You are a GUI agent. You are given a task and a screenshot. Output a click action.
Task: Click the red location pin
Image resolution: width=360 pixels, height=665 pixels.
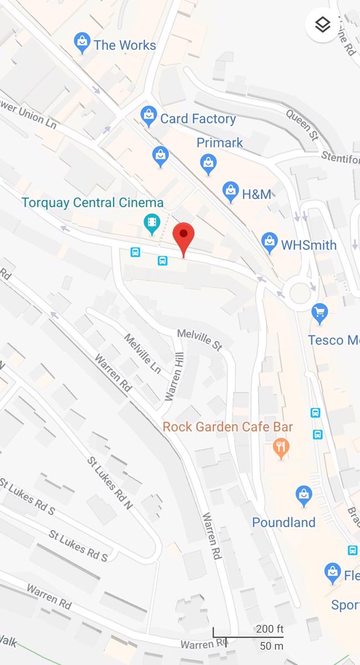coord(183,238)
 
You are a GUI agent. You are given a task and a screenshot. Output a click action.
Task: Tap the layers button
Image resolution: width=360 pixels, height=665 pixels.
coord(322,24)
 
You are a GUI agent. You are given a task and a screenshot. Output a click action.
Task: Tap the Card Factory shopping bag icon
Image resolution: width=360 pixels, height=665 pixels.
coord(148,115)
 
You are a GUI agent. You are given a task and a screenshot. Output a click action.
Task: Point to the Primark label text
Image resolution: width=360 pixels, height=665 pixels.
coord(220,143)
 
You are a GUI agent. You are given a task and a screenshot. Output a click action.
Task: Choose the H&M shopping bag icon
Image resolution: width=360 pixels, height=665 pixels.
coord(230,191)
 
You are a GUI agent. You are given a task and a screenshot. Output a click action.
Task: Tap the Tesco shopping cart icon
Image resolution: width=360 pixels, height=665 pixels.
coord(320,313)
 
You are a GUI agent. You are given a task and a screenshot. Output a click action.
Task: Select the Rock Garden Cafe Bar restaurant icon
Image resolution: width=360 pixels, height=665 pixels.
coord(281,447)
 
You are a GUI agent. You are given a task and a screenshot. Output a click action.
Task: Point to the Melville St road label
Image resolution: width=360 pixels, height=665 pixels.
coord(199,340)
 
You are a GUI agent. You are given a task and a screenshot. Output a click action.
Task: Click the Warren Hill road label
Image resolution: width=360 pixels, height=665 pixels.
coord(174,377)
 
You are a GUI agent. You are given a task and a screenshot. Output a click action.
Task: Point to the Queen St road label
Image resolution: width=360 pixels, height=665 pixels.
coord(302,124)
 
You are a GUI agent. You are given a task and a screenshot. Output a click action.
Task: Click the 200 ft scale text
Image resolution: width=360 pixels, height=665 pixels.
coord(269,629)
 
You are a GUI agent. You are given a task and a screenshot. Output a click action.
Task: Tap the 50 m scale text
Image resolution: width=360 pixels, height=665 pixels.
coord(271,646)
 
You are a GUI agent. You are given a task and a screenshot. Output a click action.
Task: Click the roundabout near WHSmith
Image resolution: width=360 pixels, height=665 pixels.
coord(300,291)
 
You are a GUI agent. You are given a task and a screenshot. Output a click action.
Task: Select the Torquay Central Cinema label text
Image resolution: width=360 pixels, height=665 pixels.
coord(92,202)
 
